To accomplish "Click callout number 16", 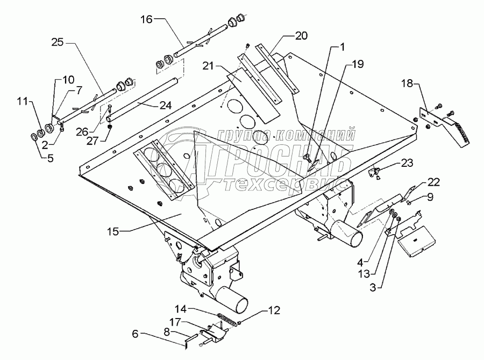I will [x=146, y=20].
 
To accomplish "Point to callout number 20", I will [x=301, y=36].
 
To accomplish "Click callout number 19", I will [x=358, y=64].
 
